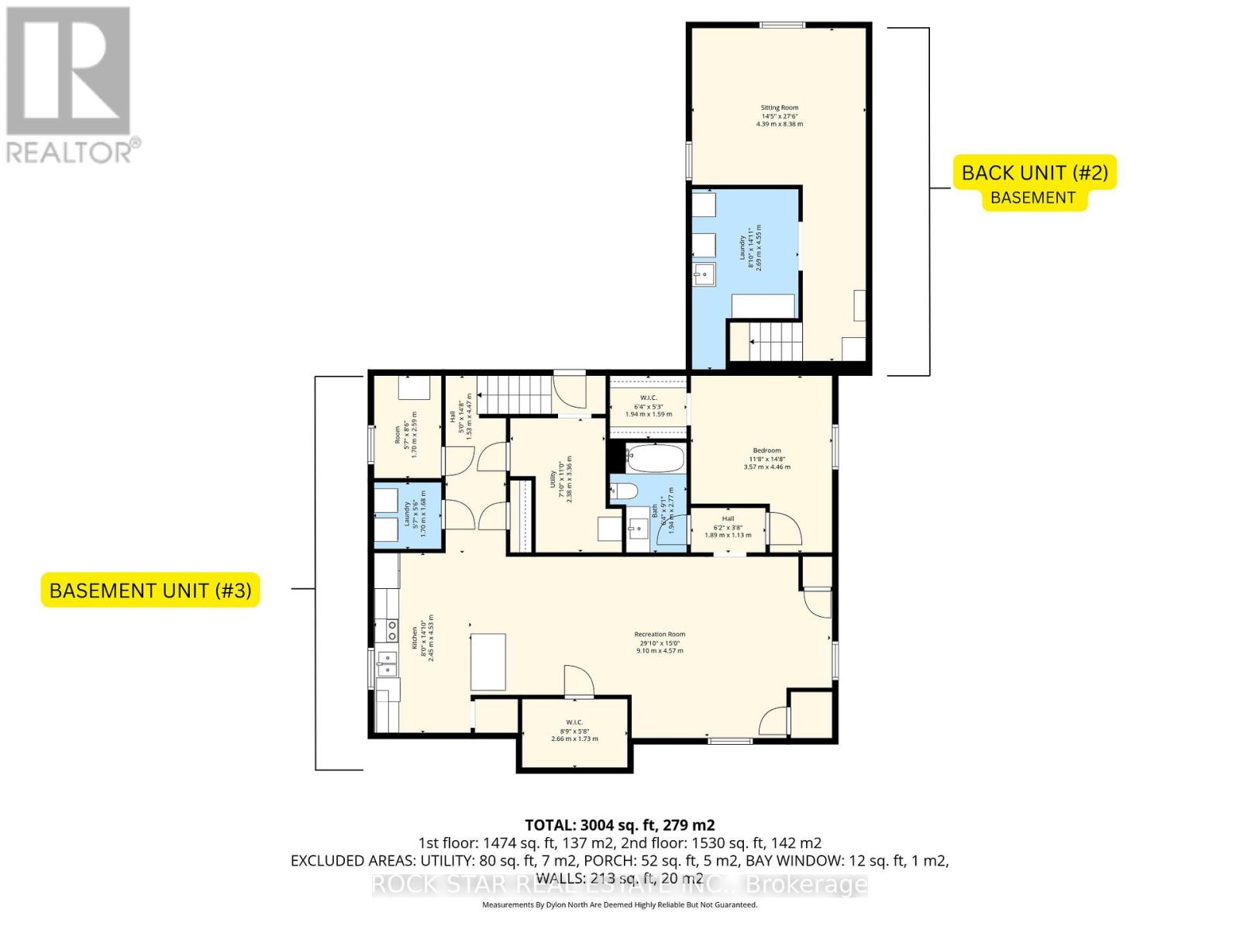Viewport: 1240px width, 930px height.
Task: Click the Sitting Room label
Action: (x=779, y=115)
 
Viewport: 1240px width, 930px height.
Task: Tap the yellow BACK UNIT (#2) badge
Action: (x=1035, y=172)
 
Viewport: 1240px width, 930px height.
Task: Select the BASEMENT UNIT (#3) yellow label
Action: (x=150, y=590)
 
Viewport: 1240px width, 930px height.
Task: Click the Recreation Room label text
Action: (x=660, y=642)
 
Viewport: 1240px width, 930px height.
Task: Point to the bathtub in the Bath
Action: (x=655, y=458)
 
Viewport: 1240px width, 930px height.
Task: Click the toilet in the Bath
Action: (x=625, y=491)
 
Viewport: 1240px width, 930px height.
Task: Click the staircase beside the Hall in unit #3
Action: (x=514, y=394)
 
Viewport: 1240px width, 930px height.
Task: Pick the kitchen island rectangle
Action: (x=488, y=661)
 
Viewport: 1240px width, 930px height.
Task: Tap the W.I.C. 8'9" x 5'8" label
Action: (x=574, y=730)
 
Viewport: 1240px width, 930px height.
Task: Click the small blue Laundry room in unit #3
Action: (x=409, y=515)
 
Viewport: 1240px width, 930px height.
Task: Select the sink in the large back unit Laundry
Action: (x=704, y=274)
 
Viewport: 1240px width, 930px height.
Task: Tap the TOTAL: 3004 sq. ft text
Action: (x=619, y=825)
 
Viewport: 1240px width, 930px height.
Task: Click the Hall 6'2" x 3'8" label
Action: (x=728, y=527)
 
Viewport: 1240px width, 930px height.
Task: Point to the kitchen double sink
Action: (x=386, y=660)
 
